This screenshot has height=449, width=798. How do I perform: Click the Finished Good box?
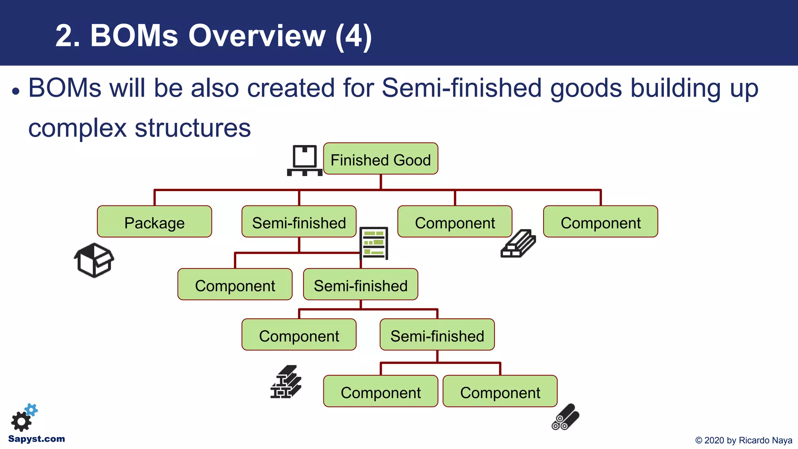click(x=380, y=159)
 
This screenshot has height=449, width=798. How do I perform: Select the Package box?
click(x=154, y=222)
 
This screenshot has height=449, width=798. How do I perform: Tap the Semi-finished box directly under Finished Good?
click(x=299, y=222)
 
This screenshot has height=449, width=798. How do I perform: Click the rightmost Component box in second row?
click(x=600, y=222)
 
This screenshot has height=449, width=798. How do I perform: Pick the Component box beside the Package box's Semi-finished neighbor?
click(x=455, y=222)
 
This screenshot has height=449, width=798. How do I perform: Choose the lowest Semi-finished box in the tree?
click(x=437, y=335)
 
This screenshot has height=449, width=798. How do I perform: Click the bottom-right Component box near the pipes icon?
click(x=500, y=391)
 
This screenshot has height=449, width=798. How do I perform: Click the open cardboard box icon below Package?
click(x=94, y=260)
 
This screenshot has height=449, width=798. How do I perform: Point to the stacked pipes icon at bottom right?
click(x=565, y=417)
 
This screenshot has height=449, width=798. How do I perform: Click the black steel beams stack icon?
click(x=286, y=382)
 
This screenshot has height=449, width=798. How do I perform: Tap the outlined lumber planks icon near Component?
click(x=518, y=244)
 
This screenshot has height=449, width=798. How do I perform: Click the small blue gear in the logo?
click(x=32, y=410)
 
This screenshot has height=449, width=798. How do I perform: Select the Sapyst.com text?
click(x=37, y=439)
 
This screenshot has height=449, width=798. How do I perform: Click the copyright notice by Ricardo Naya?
click(x=743, y=440)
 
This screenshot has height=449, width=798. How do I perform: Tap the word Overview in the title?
click(x=257, y=36)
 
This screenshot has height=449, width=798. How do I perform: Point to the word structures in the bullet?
click(x=192, y=128)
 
